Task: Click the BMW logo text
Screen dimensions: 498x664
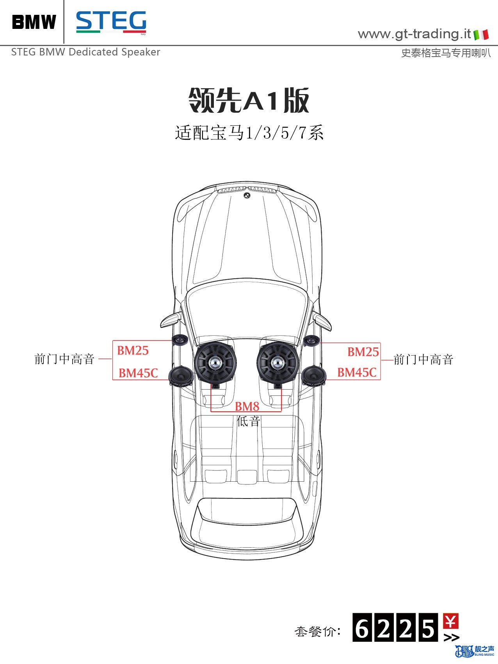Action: (34, 22)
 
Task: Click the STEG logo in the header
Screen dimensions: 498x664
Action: (111, 22)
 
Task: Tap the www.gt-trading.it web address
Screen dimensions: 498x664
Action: (414, 34)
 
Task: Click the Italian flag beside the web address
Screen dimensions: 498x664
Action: (481, 35)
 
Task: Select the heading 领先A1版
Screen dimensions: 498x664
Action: (249, 100)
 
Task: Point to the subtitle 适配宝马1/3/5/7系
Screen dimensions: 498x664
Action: (249, 133)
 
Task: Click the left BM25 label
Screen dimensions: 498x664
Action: (133, 350)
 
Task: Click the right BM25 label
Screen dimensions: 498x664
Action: (363, 352)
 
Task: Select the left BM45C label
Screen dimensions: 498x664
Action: (138, 373)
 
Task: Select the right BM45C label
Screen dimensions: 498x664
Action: (357, 372)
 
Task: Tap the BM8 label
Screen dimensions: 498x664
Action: (247, 406)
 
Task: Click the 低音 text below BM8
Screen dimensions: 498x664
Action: (248, 421)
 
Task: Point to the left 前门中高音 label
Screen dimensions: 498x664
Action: (64, 359)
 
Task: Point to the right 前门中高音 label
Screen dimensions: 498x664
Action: (423, 359)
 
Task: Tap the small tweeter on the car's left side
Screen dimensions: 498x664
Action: (180, 340)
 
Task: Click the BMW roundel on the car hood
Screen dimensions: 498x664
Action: (247, 195)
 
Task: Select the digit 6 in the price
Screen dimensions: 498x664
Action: (362, 628)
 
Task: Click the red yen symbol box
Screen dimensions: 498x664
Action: (451, 621)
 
